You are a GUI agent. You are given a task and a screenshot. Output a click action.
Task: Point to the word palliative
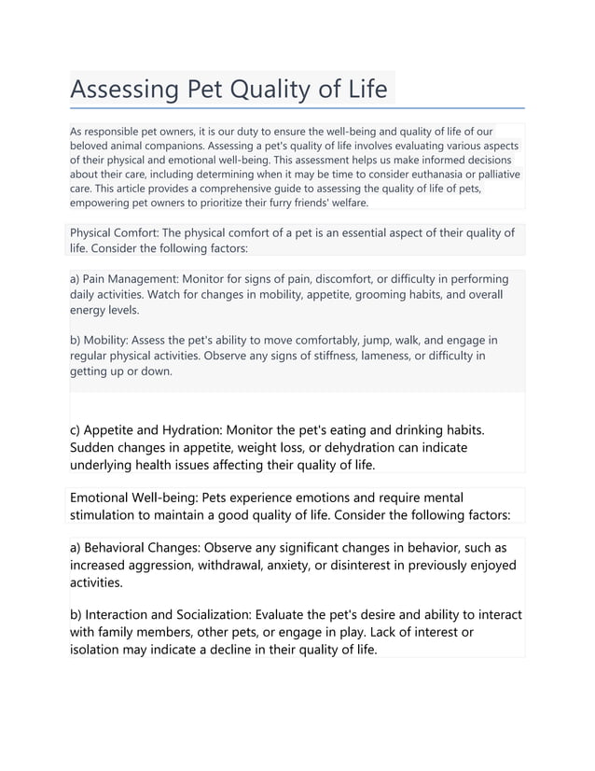pyautogui.click(x=491, y=174)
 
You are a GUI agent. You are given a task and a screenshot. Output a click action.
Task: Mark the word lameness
pyautogui.click(x=348, y=356)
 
